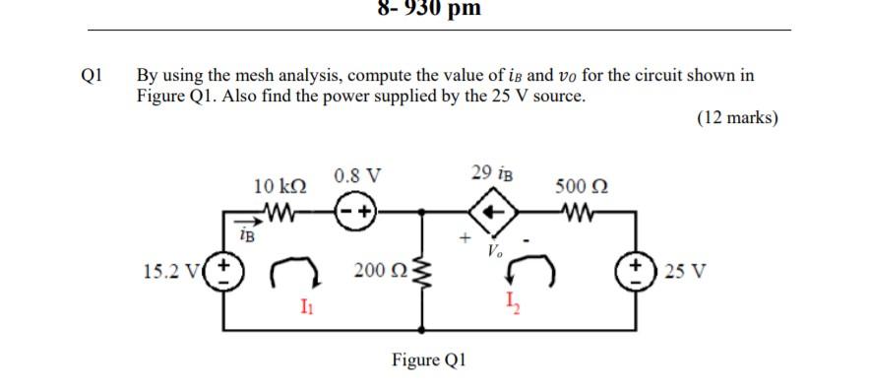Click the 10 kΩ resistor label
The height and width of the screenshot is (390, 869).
click(x=279, y=186)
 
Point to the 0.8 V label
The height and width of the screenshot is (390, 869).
click(x=356, y=177)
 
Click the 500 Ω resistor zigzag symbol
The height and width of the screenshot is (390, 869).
click(x=580, y=211)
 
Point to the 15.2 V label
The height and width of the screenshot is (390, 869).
click(x=178, y=270)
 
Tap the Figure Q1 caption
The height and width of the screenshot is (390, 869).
click(x=429, y=359)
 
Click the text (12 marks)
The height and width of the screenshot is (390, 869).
click(x=737, y=118)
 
